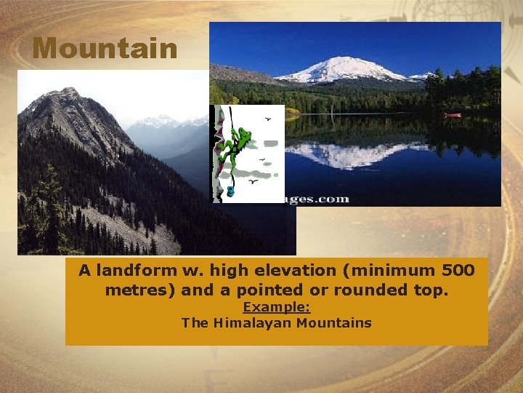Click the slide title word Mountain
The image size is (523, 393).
click(x=105, y=49)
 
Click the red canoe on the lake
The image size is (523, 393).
click(x=452, y=115)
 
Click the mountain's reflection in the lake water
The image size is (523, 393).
click(x=349, y=153)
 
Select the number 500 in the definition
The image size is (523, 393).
click(x=458, y=271)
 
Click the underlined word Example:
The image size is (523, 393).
click(x=276, y=307)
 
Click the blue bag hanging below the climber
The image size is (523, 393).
click(x=230, y=191)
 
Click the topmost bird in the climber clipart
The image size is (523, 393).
click(x=269, y=118)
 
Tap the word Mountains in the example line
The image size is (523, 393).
click(x=338, y=322)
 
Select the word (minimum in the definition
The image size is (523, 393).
click(x=391, y=271)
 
